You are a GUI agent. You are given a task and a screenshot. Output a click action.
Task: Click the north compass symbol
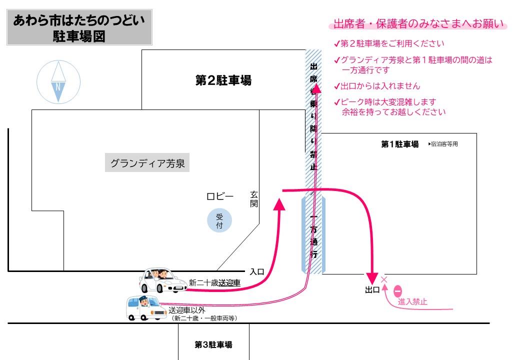pyautogui.click(x=58, y=82)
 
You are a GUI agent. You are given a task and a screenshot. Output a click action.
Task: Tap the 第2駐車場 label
pyautogui.click(x=223, y=80)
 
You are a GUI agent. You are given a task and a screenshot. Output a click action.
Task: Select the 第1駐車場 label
pyautogui.click(x=399, y=144)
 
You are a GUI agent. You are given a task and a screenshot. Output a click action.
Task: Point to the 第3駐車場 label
pyautogui.click(x=213, y=344)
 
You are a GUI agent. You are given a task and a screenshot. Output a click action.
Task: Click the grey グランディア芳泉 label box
pyautogui.click(x=147, y=163)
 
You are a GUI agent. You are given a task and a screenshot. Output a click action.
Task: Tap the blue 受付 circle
pyautogui.click(x=219, y=221)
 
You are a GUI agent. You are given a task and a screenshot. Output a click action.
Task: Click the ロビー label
pyautogui.click(x=220, y=196)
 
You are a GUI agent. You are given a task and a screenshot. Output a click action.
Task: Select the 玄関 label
pyautogui.click(x=253, y=199)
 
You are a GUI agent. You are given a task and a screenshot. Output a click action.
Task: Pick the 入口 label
pyautogui.click(x=257, y=272)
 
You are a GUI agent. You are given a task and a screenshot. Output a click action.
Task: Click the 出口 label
pyautogui.click(x=372, y=290)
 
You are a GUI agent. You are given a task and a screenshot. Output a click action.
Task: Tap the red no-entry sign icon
pyautogui.click(x=398, y=290)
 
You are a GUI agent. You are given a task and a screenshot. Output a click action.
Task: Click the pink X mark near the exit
pyautogui.click(x=384, y=280)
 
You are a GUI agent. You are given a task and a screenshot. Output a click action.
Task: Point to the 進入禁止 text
pyautogui.click(x=412, y=302)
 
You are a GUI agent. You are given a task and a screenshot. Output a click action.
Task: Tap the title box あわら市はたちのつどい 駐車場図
pyautogui.click(x=79, y=28)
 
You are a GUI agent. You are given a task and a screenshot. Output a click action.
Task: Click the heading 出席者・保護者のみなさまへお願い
pyautogui.click(x=417, y=24)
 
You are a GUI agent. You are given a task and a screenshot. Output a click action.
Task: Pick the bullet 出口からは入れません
pyautogui.click(x=380, y=85)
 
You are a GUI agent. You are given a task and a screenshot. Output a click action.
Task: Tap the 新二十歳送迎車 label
pyautogui.click(x=214, y=283)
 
